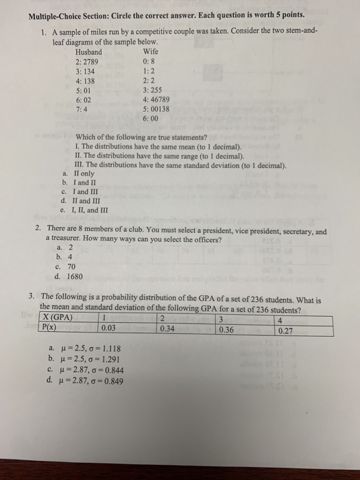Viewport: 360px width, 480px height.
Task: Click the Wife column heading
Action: pos(150,52)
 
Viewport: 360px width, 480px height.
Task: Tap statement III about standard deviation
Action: pos(180,165)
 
